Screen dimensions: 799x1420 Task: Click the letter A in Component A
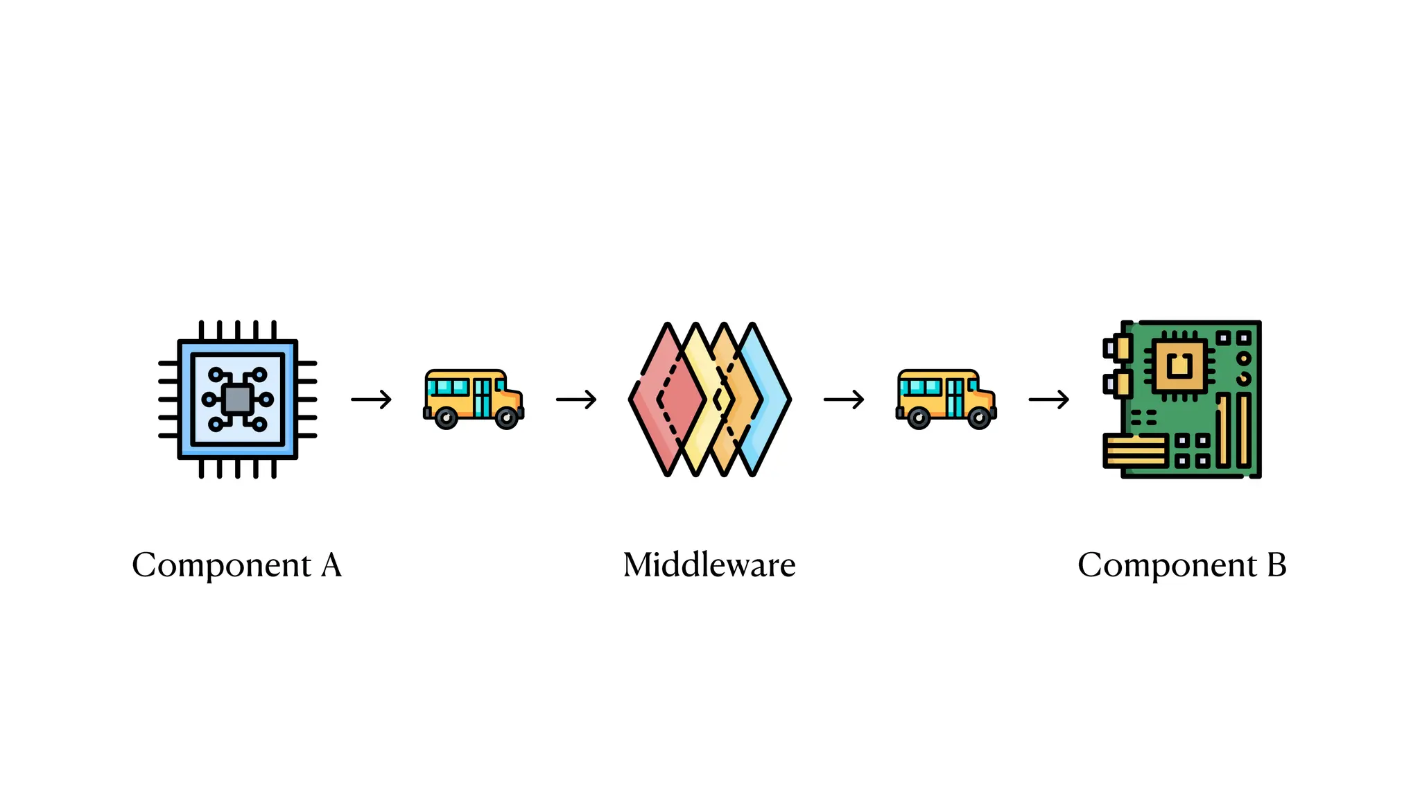point(331,565)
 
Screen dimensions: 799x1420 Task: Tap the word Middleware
point(709,565)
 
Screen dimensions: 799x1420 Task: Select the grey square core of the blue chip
point(238,399)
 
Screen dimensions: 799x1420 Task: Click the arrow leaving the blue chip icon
point(372,399)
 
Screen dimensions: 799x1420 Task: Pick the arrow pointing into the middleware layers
point(576,399)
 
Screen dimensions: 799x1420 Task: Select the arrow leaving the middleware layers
point(844,399)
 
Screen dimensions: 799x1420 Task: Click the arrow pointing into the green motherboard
point(1048,399)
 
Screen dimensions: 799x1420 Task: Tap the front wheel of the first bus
point(507,418)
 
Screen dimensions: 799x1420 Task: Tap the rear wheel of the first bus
point(446,418)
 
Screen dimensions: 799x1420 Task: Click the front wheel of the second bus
point(979,418)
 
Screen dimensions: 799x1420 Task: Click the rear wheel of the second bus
point(919,418)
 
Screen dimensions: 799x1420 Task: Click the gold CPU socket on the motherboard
point(1179,365)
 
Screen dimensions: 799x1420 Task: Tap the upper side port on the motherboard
point(1118,347)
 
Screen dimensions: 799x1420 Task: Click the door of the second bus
point(955,398)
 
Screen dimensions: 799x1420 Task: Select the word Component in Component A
point(222,565)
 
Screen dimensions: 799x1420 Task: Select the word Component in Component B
point(1167,565)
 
